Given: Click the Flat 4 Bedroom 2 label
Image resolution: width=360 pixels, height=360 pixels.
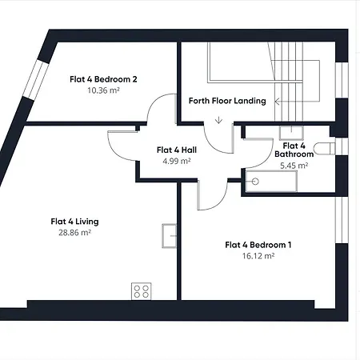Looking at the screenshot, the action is point(103,79).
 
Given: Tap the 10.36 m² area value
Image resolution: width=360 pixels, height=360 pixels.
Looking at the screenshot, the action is point(103,90).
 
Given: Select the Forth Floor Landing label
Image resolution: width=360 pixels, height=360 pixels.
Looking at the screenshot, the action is point(227,101).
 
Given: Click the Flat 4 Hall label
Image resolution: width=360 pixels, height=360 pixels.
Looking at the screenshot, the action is point(177,150).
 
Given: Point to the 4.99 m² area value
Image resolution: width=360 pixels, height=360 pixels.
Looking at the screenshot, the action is point(177,161).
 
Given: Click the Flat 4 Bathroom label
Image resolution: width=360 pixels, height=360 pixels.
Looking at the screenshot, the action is point(294,150).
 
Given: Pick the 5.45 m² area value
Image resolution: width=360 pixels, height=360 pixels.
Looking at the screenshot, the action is point(294,166).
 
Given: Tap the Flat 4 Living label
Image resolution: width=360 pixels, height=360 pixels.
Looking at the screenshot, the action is point(74,222).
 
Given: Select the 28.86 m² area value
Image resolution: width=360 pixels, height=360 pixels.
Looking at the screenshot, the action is point(74,233).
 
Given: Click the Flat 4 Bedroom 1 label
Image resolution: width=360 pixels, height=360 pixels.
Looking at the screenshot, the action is point(258,245).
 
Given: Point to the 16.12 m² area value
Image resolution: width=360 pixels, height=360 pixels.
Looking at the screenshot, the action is point(258,256).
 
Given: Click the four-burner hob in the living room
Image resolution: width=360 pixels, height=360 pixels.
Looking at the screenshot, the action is point(142,291).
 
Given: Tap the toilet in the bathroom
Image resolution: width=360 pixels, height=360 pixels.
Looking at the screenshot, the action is point(324,149).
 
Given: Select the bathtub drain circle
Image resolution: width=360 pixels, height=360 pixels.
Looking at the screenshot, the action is point(255,182).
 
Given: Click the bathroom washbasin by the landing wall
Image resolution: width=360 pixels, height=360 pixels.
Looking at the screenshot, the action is point(291,133).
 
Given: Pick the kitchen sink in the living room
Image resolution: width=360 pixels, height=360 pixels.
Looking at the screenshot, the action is point(170,236).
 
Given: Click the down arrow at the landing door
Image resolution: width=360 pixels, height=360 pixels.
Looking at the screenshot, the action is point(218,120).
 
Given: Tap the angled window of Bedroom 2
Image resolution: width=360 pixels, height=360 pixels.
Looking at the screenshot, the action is point(36,79).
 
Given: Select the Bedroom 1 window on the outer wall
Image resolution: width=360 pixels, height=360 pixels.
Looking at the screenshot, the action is point(342,220).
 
